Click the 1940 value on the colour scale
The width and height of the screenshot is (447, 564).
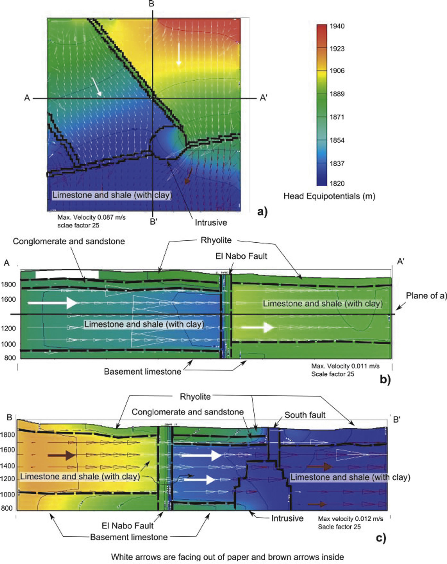click(337, 26)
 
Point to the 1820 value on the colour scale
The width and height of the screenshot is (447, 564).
click(337, 183)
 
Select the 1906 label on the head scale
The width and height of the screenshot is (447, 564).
click(337, 71)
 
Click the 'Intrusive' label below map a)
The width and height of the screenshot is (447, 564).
click(211, 223)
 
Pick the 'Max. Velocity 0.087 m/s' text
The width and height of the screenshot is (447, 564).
click(91, 217)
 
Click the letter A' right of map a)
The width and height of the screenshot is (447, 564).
click(264, 98)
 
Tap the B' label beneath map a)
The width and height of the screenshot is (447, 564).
click(153, 222)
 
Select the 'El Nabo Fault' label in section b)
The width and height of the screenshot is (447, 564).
click(241, 256)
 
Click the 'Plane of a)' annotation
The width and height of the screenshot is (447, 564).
click(426, 296)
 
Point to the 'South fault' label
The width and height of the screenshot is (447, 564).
click(305, 415)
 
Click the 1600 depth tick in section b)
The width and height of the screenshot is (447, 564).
click(9, 299)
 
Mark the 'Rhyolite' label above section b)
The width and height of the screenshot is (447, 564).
click(216, 240)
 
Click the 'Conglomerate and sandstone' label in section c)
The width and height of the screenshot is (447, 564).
click(188, 412)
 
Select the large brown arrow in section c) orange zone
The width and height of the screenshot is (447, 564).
click(62, 455)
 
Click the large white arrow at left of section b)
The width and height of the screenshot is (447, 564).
click(52, 303)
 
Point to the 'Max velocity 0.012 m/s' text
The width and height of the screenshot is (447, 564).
click(350, 518)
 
